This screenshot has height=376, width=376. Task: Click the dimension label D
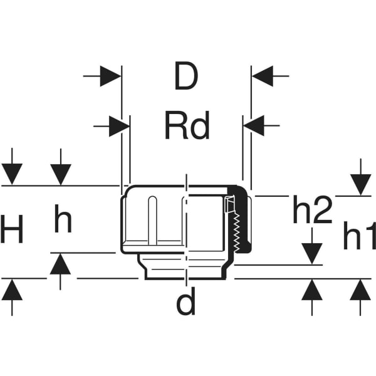[x=186, y=76]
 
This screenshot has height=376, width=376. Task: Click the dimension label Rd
[x=187, y=125]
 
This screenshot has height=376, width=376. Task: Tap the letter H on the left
[x=11, y=229]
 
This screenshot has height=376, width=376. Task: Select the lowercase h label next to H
[x=63, y=219]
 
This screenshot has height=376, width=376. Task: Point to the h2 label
[x=313, y=209]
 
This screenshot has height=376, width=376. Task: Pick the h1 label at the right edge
[x=360, y=236]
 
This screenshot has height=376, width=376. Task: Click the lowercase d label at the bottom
[x=186, y=301]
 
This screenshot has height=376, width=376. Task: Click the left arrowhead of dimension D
[x=110, y=76]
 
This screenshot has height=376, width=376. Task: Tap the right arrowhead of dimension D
[x=263, y=76]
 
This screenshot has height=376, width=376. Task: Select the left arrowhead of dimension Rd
[x=119, y=126]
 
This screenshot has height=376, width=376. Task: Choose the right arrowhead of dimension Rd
[x=254, y=126]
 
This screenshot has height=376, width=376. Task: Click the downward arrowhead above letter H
[x=12, y=174]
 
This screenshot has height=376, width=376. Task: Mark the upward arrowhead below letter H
[x=12, y=290]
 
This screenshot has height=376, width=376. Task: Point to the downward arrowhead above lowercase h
[x=61, y=175]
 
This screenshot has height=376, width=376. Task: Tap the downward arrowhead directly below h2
[x=311, y=254]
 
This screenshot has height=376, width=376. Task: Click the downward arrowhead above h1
[x=361, y=185]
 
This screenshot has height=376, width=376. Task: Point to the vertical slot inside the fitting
[x=152, y=221]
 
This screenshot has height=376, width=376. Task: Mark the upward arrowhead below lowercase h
[x=60, y=264]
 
